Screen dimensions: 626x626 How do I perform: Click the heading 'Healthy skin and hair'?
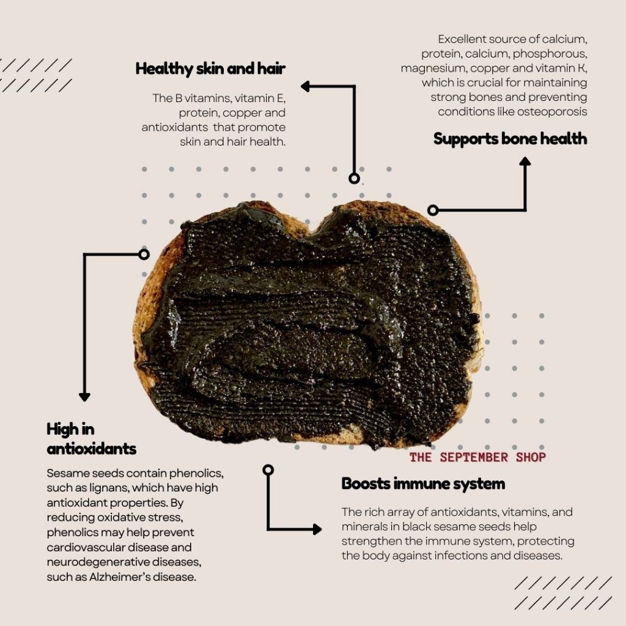coord(210,68)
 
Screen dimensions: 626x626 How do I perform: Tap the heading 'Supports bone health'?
coord(510,139)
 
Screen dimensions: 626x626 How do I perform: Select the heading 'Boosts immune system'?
coord(423,484)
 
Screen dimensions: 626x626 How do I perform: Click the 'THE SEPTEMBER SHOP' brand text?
coord(477,457)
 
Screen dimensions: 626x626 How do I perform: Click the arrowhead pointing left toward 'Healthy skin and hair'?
coord(306,87)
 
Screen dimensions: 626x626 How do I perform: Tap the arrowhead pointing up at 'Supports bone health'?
coord(525,161)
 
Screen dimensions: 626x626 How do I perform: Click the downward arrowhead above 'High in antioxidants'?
coord(84,397)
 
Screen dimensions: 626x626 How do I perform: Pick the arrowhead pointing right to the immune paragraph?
coord(317,529)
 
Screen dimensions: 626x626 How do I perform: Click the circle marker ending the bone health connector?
coord(433,210)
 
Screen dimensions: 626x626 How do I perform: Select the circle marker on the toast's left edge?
coord(144,254)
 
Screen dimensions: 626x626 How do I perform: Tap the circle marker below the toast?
coord(268,469)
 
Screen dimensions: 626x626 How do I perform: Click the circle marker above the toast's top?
coord(354,179)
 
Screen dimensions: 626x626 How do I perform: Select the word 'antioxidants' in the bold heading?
coord(92,449)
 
